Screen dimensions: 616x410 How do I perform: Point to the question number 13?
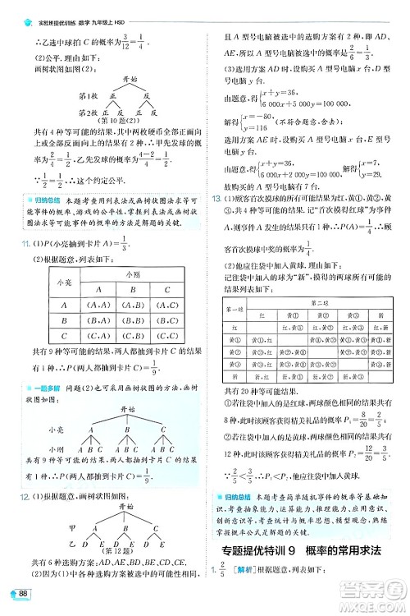(x=216, y=200)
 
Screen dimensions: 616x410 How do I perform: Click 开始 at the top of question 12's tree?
(x=124, y=508)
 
